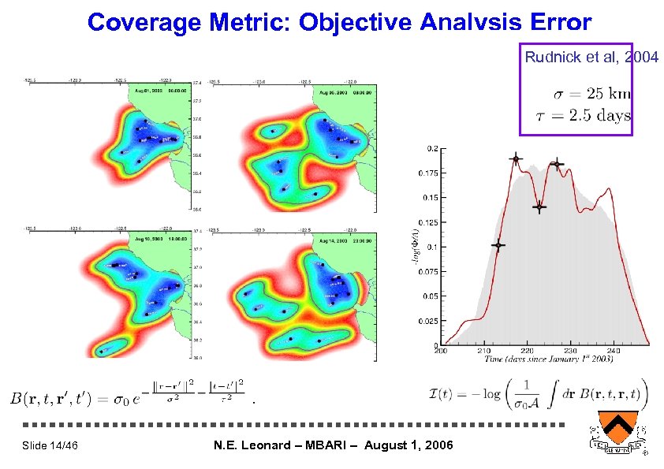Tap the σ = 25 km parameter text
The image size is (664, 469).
click(591, 94)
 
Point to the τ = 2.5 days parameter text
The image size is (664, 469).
click(591, 116)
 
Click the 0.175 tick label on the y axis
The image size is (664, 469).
click(427, 173)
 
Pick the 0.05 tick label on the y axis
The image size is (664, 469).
click(430, 296)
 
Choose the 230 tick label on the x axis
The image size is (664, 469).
click(570, 351)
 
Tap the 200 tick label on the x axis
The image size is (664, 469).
click(441, 351)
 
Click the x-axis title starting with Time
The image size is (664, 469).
click(544, 360)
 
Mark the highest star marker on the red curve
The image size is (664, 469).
click(516, 159)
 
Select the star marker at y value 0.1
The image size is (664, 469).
click(498, 245)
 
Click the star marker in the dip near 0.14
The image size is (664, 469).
click(539, 207)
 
